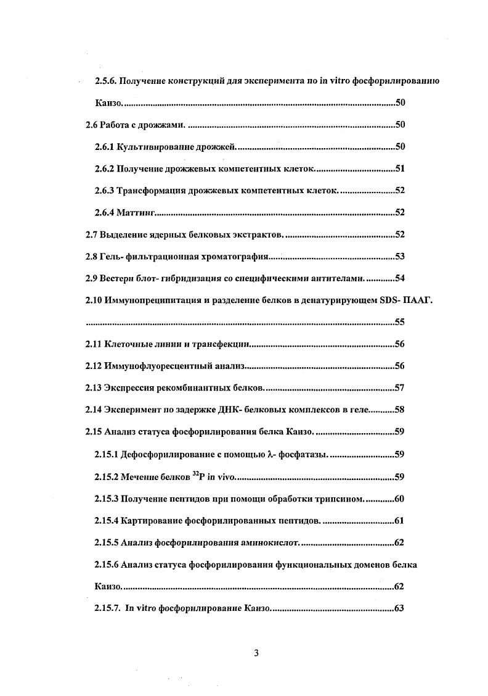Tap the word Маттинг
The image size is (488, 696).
(x=136, y=213)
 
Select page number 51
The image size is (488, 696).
(x=399, y=169)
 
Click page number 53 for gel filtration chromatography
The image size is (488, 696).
(x=399, y=257)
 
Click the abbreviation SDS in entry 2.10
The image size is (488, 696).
(x=383, y=300)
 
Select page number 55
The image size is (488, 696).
(x=399, y=322)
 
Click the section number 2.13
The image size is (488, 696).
(x=94, y=388)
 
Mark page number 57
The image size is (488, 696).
(x=399, y=388)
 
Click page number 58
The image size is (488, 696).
(x=399, y=410)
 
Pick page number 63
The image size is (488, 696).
(x=399, y=608)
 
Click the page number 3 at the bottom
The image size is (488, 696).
(x=256, y=655)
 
